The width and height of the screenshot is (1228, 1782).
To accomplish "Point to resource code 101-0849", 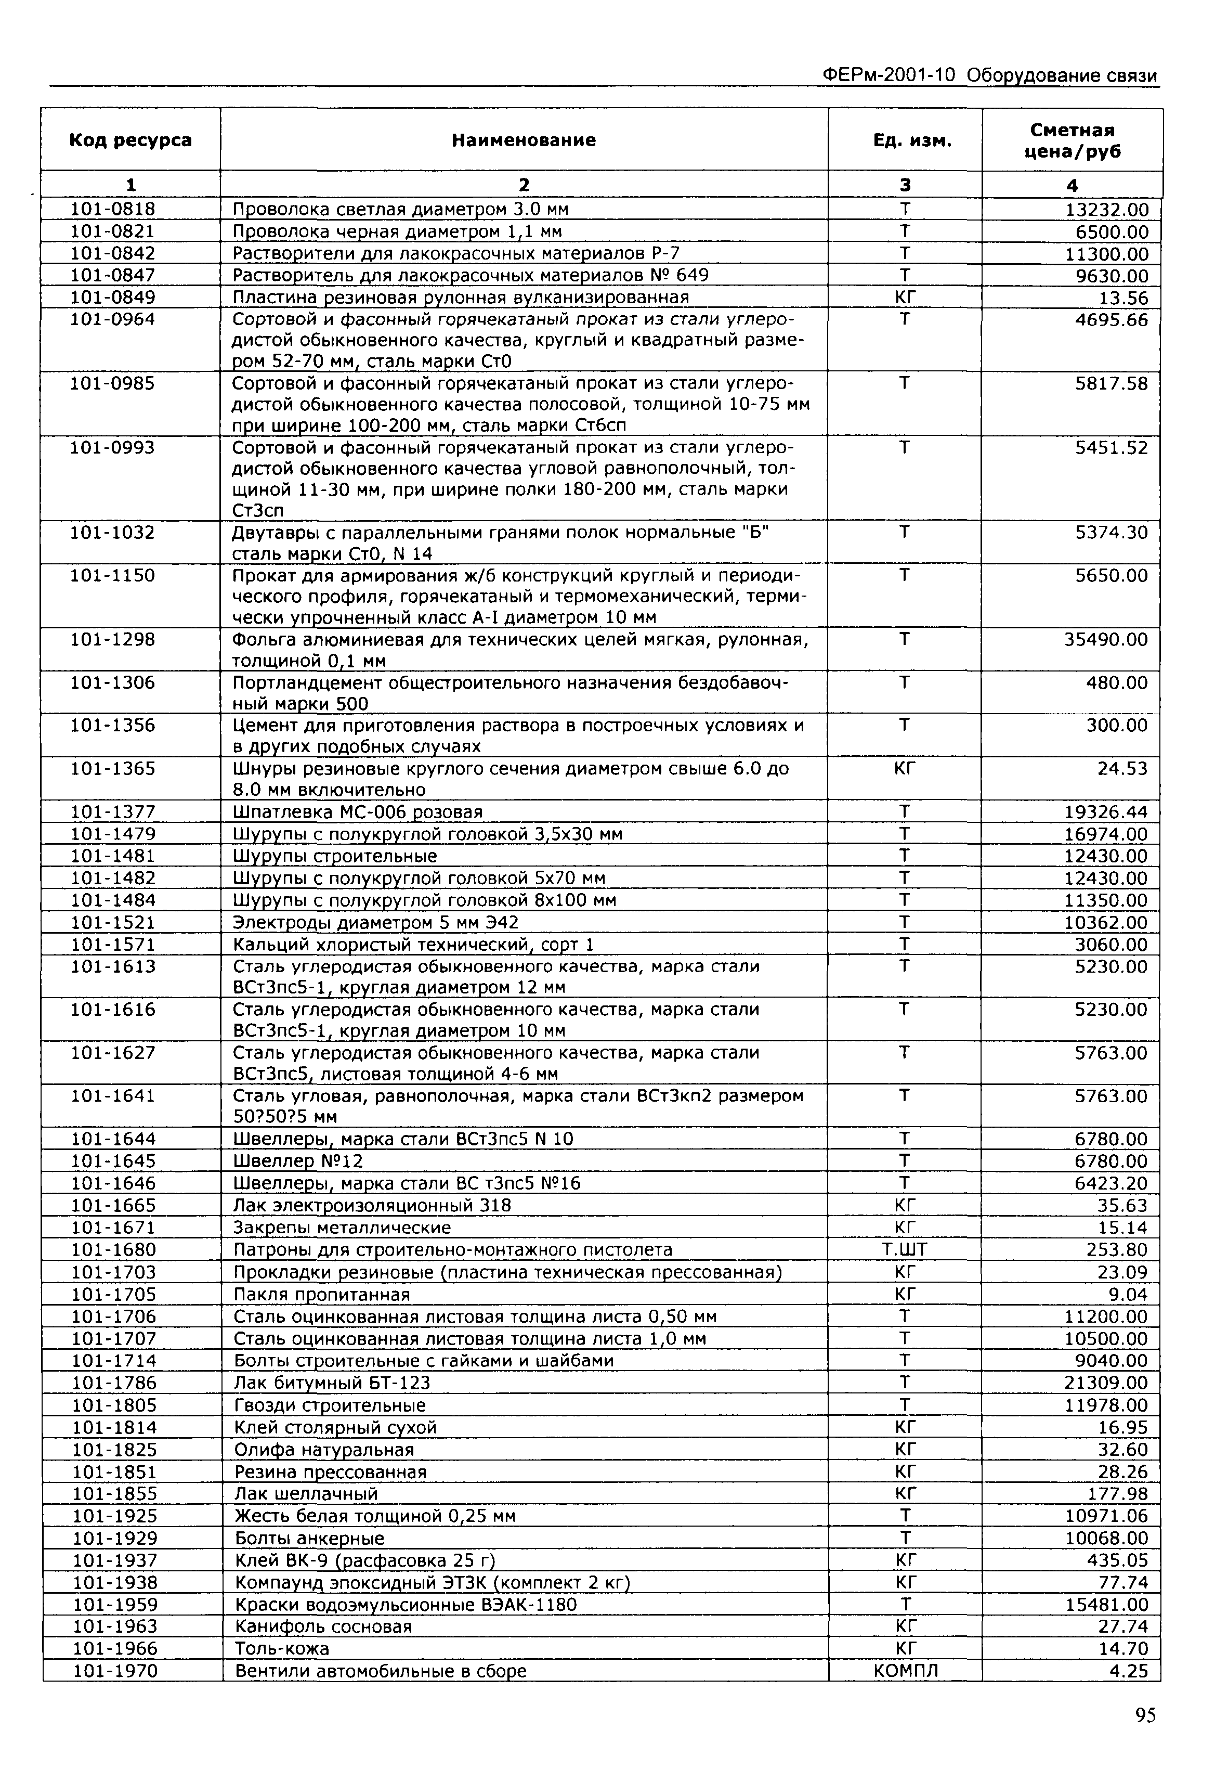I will [x=113, y=297].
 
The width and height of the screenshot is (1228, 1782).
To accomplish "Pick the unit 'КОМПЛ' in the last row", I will [x=906, y=1671].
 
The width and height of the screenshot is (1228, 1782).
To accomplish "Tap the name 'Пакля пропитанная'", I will [x=322, y=1294].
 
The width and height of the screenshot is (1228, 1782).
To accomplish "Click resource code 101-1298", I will [x=113, y=640].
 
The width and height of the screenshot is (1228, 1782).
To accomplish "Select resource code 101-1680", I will [x=113, y=1249].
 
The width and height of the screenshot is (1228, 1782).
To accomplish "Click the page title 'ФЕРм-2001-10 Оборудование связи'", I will [x=989, y=75].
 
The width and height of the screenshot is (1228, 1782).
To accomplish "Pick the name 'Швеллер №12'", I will [x=298, y=1161].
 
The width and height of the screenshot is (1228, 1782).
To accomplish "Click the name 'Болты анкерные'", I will [x=309, y=1539].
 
